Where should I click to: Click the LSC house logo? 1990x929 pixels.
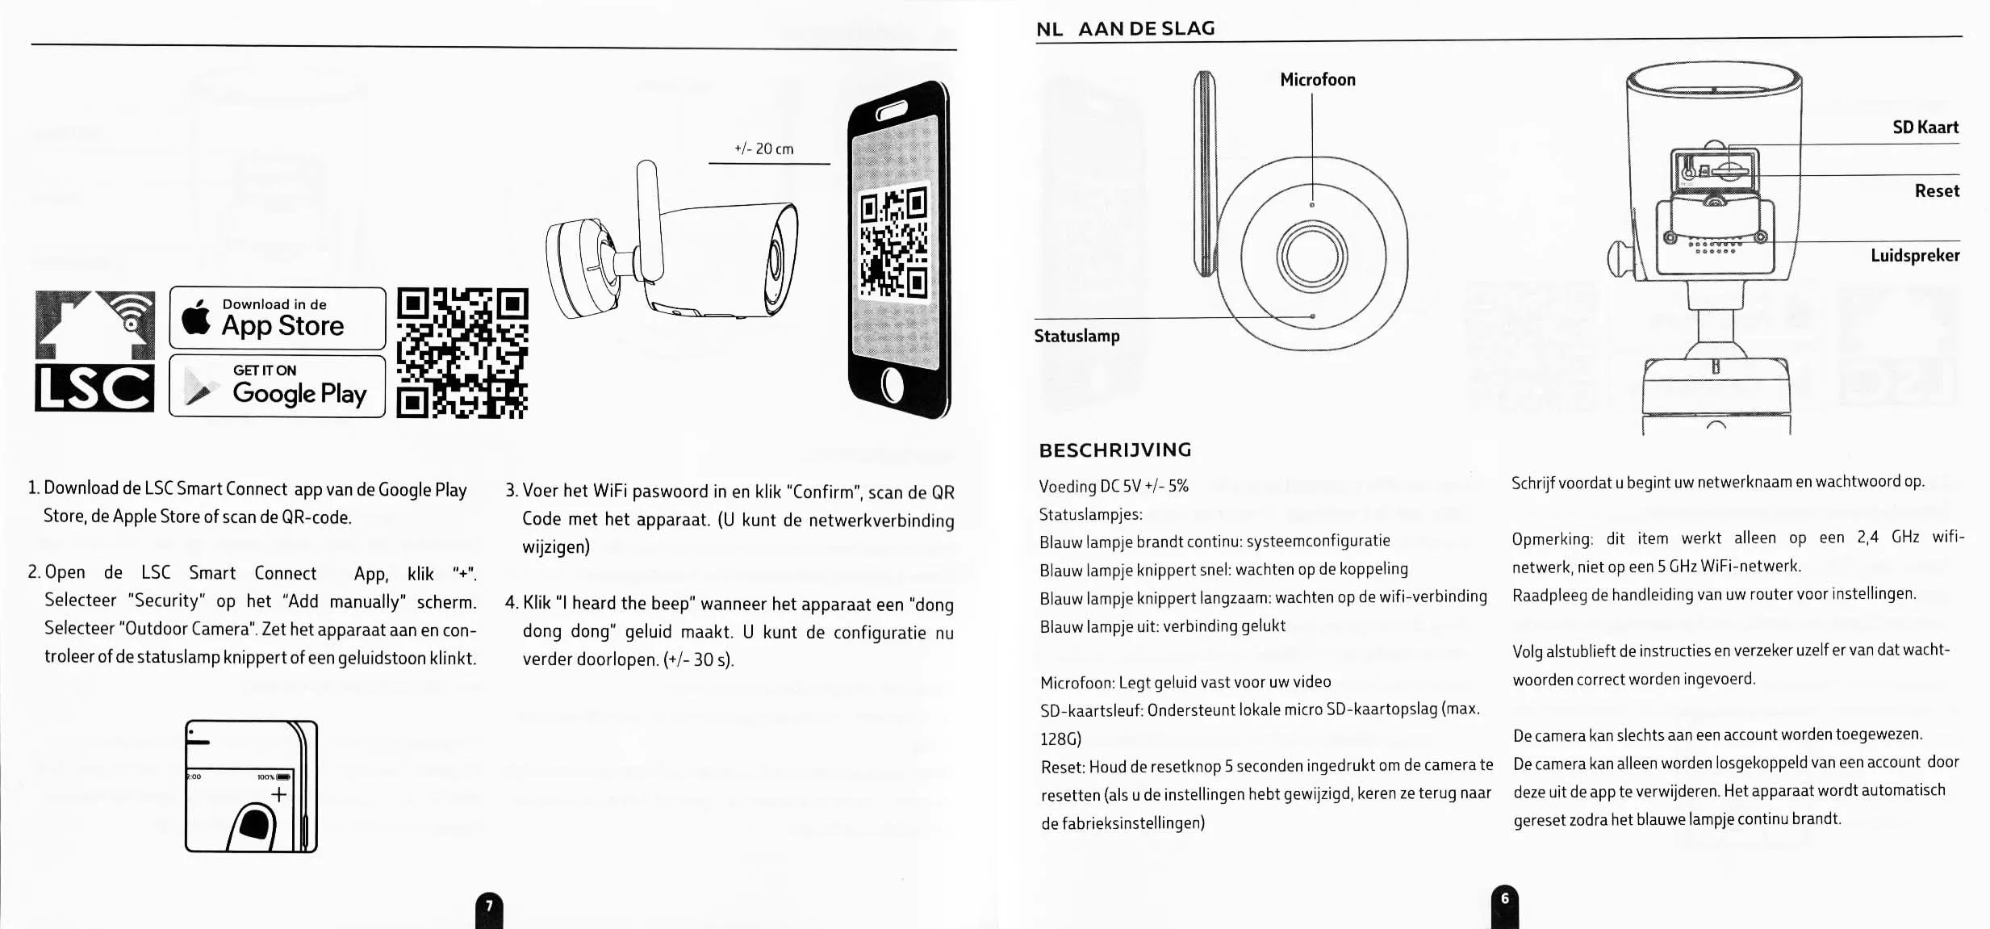pos(95,350)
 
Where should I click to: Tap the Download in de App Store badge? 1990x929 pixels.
pos(277,318)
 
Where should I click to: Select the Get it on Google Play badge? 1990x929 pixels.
pos(277,386)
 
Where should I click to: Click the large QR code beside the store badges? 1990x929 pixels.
pos(462,353)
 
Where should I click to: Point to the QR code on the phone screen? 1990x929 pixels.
pos(893,242)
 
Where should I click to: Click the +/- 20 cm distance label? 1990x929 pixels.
pos(763,149)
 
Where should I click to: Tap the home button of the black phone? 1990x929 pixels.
pos(893,385)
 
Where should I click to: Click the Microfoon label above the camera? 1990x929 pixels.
pos(1317,80)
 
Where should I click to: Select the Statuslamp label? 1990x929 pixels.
pos(1077,336)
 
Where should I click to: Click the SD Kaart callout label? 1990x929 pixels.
pos(1925,128)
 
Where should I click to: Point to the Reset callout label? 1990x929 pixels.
pos(1936,191)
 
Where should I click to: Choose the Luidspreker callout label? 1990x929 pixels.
pos(1914,256)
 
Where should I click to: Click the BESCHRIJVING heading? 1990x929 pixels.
pos(1114,450)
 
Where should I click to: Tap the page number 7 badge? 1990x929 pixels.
pos(489,908)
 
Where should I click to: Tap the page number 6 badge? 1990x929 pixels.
pos(1504,900)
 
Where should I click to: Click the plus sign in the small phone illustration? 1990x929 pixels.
pos(278,795)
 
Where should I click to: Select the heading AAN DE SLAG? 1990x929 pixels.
pos(1146,29)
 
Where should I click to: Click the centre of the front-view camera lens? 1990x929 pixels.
pos(1311,256)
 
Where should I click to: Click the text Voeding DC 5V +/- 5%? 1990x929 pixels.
pos(1114,487)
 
